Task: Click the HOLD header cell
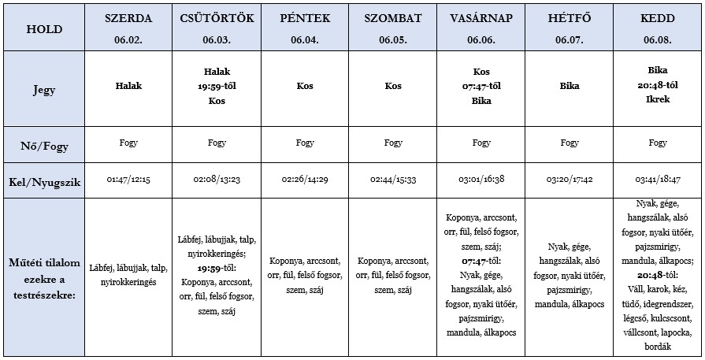click(x=44, y=28)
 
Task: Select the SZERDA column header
click(x=128, y=18)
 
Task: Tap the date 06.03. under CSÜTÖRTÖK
click(x=217, y=39)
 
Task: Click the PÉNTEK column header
click(x=305, y=18)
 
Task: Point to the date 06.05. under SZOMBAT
click(x=393, y=39)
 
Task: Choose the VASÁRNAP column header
click(x=481, y=18)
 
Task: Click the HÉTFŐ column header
click(x=570, y=18)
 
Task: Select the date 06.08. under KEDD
click(x=658, y=39)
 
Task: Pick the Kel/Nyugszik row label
click(x=44, y=180)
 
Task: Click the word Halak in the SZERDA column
click(x=128, y=86)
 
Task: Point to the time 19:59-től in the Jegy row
click(x=217, y=86)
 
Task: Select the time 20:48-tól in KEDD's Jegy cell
click(x=658, y=86)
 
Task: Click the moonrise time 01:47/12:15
click(x=128, y=180)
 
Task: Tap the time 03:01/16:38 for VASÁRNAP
click(x=481, y=180)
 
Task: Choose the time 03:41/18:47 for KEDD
click(x=658, y=180)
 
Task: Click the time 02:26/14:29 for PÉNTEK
click(x=305, y=180)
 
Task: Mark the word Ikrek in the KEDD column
click(x=658, y=101)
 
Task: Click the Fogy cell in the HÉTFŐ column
click(x=570, y=143)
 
